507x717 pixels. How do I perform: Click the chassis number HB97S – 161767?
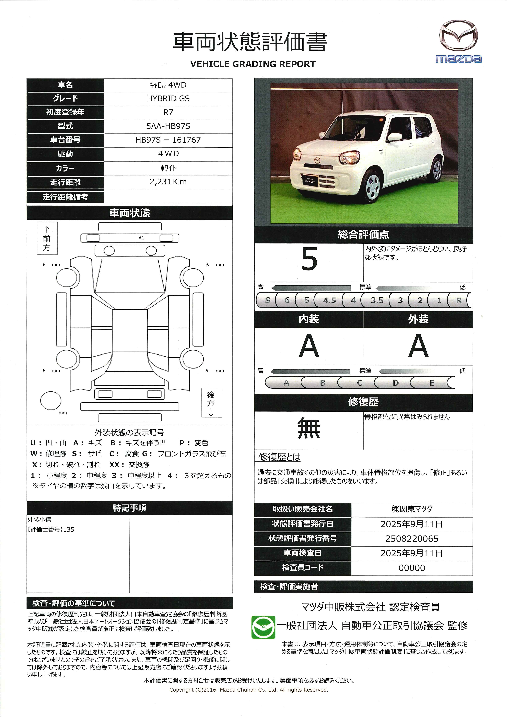tap(168, 140)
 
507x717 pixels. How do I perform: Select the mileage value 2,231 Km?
tap(168, 182)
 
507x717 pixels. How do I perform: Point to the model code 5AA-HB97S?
tap(168, 126)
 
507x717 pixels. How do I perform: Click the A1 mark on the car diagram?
tap(141, 238)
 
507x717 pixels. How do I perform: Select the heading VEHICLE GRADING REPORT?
tap(253, 64)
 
